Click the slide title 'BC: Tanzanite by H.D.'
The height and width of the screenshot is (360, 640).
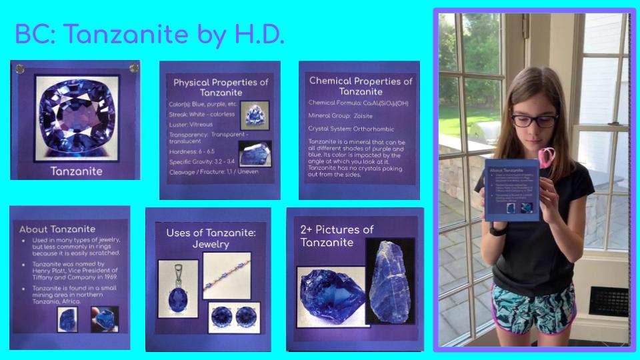(x=149, y=35)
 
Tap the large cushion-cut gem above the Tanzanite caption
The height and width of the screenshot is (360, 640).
(x=77, y=117)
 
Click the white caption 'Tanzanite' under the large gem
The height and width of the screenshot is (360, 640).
(x=77, y=171)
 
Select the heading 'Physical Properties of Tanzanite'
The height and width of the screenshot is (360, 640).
(x=221, y=87)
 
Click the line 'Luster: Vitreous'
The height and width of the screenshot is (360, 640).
(x=191, y=124)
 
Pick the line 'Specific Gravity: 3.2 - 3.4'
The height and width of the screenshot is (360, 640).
(x=202, y=161)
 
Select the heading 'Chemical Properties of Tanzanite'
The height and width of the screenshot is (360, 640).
(x=361, y=85)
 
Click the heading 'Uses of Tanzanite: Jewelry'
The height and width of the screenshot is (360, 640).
(x=207, y=239)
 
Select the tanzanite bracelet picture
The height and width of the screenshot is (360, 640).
(x=227, y=275)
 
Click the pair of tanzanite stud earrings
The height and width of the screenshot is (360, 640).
(x=231, y=316)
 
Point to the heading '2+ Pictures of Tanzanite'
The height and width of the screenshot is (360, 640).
(x=337, y=235)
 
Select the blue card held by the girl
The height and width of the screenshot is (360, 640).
(x=511, y=189)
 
